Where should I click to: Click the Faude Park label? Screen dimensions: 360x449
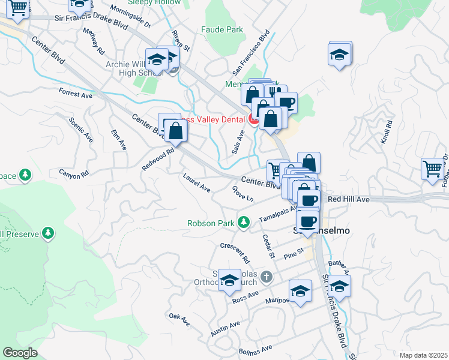[222, 29]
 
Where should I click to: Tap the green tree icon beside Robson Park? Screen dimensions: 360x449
[244, 223]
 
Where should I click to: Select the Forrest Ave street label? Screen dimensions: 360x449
[76, 94]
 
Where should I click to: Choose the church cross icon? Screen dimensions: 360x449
[267, 277]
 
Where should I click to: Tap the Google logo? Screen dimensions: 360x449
[20, 352]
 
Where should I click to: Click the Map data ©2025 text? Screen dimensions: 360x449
[424, 355]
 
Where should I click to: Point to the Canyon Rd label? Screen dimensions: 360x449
[73, 174]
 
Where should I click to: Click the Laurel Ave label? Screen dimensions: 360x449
[197, 182]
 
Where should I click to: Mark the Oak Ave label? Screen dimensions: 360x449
[179, 319]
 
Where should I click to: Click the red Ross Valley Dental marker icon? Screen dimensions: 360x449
[253, 120]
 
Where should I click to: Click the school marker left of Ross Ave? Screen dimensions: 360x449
[229, 280]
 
